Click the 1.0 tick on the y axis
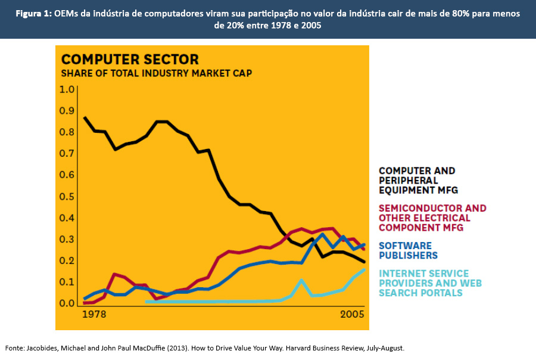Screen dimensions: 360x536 (x=67, y=89)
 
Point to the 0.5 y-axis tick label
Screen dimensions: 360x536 (x=67, y=197)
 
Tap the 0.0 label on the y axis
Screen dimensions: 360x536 (x=67, y=303)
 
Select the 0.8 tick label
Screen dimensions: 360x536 (x=67, y=132)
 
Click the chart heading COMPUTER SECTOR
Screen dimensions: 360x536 (x=130, y=60)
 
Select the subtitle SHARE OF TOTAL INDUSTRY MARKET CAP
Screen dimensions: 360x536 (x=156, y=73)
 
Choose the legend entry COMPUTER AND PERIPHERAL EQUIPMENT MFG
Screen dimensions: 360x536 (x=417, y=181)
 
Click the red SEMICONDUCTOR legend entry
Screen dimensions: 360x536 (x=432, y=218)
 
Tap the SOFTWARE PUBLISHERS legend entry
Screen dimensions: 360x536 (x=408, y=250)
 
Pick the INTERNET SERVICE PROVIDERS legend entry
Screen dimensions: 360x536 (x=430, y=283)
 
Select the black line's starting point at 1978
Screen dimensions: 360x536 (x=85, y=117)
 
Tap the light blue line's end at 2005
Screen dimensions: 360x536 (x=364, y=270)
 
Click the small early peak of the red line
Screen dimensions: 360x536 (x=114, y=275)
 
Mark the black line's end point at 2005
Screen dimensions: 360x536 (x=364, y=262)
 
